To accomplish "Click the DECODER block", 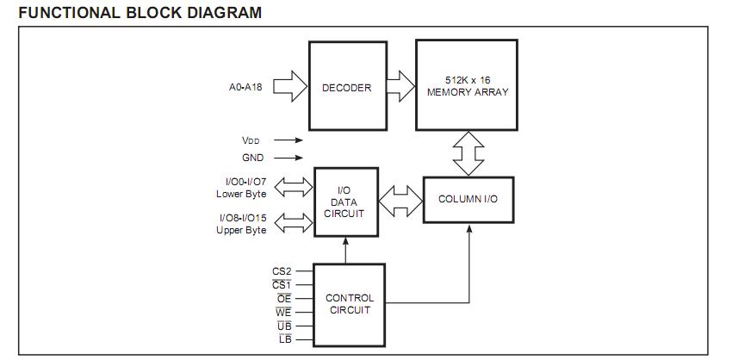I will [346, 87].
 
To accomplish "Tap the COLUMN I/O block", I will [468, 199].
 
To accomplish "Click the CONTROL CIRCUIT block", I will [349, 304].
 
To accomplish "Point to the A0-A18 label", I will [246, 87].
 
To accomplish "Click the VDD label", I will [252, 140].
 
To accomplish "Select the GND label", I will [252, 158].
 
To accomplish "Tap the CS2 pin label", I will [282, 271].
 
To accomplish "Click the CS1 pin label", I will [282, 284].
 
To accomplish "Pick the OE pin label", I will [283, 298].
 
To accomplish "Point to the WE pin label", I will [283, 312].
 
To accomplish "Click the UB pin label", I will [283, 326].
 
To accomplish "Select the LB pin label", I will [284, 339].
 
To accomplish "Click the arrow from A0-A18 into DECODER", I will [293, 87].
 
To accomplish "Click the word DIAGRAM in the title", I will [222, 14].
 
